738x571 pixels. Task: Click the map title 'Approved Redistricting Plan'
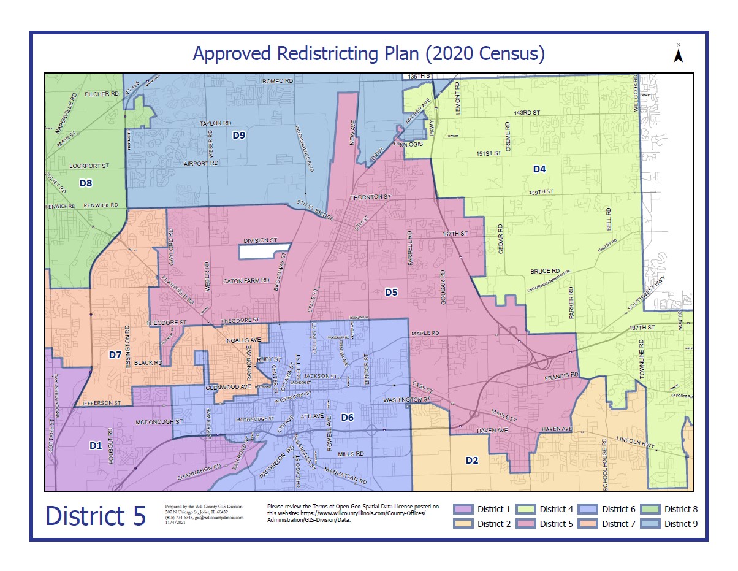[368, 53]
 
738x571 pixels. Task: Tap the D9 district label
[239, 136]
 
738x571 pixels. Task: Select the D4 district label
[539, 169]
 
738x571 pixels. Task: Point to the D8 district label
[85, 183]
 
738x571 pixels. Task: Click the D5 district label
[391, 293]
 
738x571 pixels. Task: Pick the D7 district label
[115, 354]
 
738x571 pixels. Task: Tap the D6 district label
[347, 418]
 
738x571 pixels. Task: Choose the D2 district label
[471, 460]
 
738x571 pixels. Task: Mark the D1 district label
[95, 446]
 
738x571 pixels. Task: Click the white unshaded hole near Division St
[264, 250]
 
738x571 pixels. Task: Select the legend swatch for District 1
[464, 509]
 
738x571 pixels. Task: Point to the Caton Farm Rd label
[246, 281]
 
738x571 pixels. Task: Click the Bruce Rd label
[545, 270]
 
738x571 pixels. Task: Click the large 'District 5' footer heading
[96, 516]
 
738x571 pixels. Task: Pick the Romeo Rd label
[278, 81]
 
